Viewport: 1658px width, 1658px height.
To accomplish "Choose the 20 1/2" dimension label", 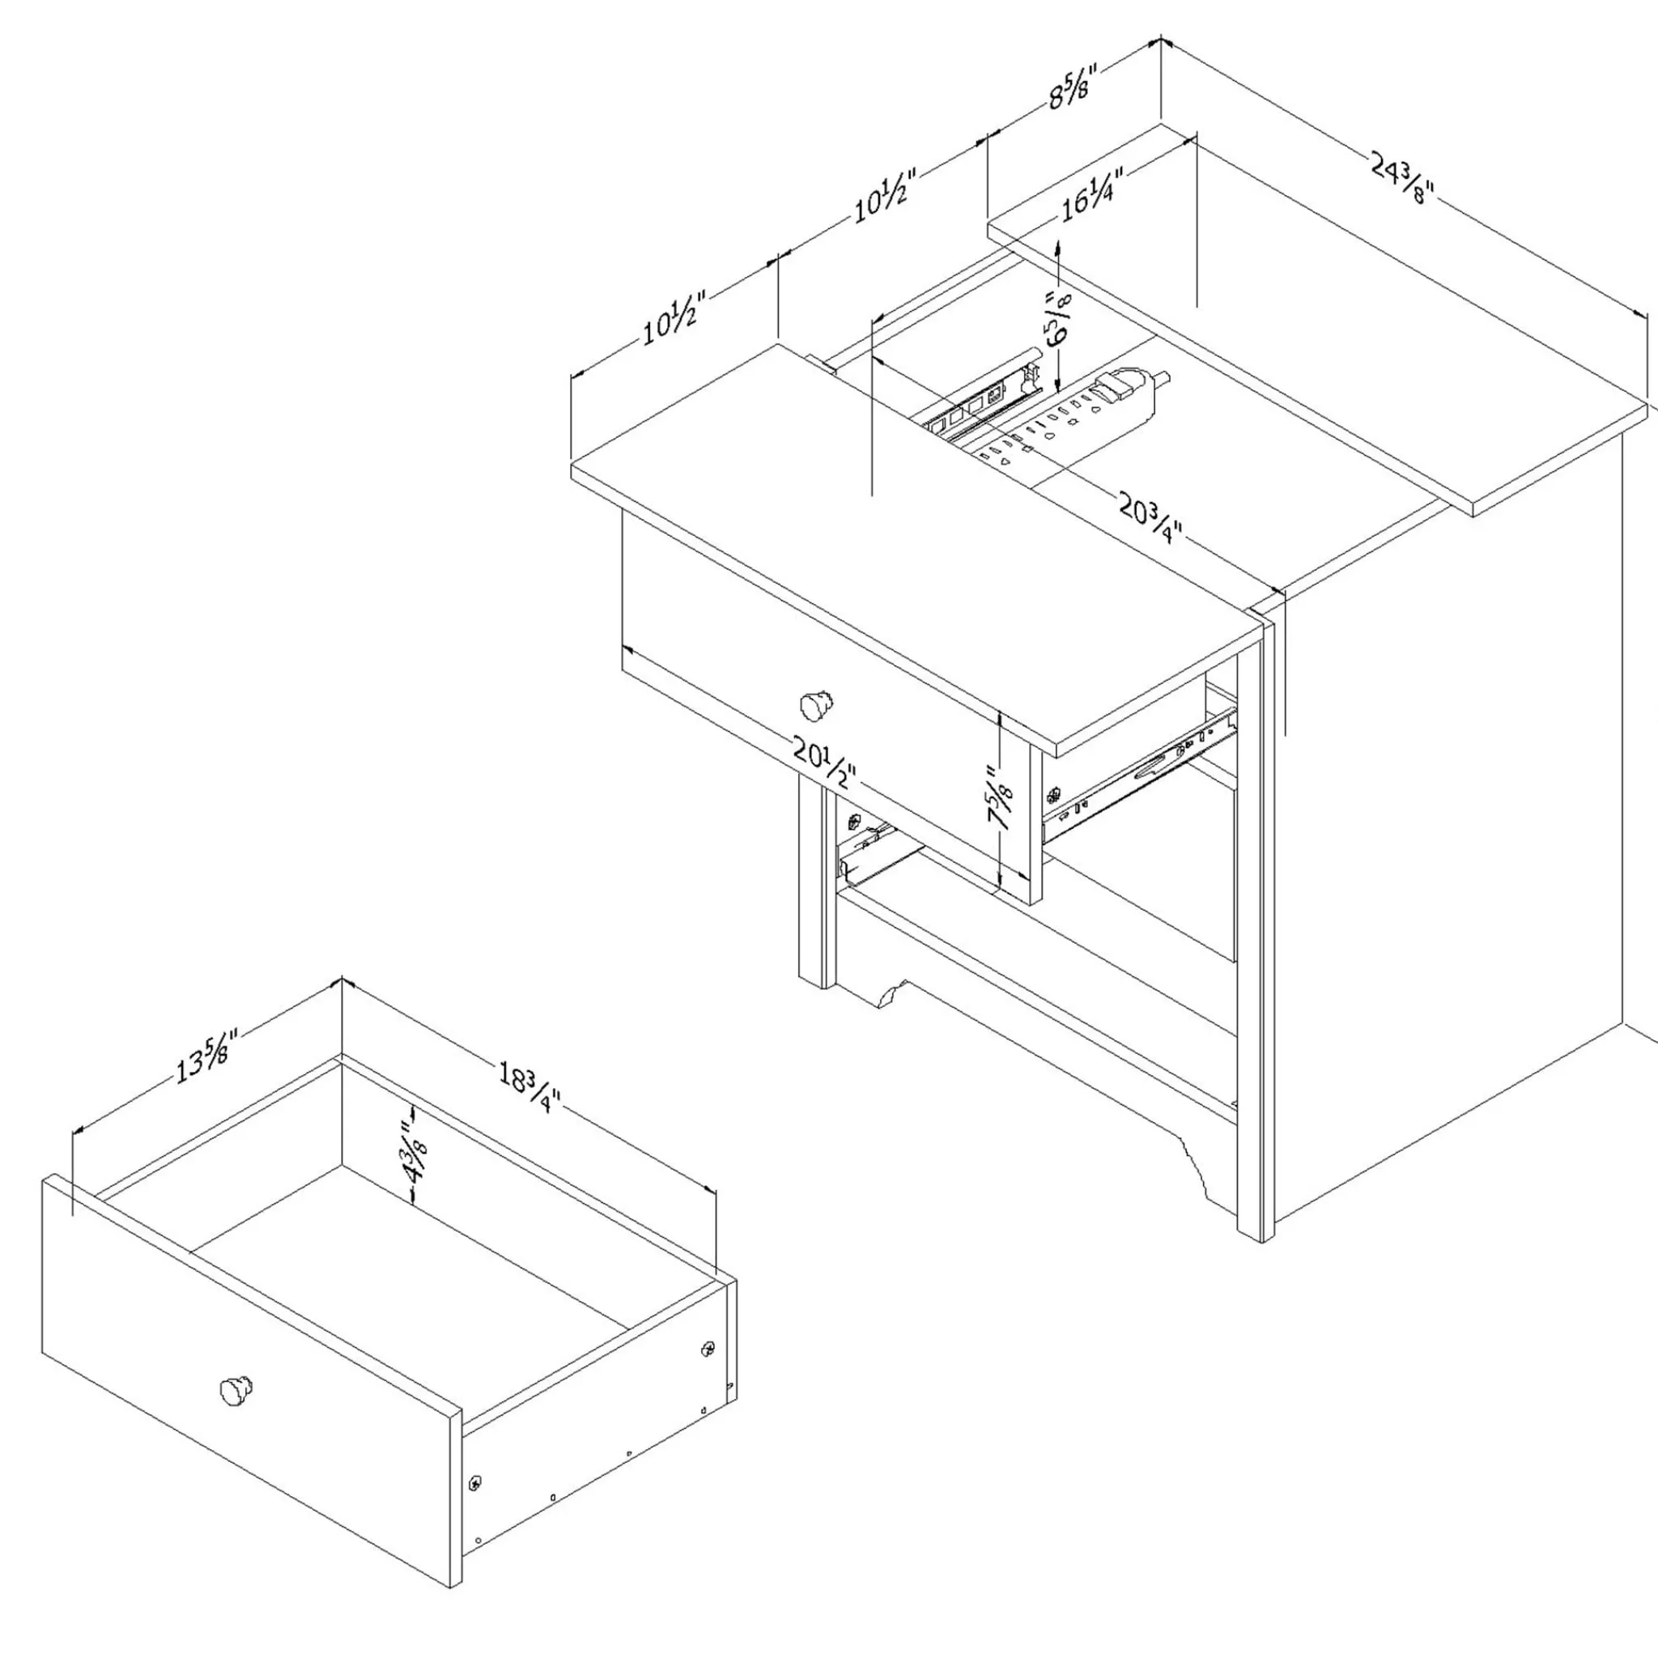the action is (x=824, y=762).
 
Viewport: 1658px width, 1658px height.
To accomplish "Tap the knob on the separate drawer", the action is (x=236, y=1388).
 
